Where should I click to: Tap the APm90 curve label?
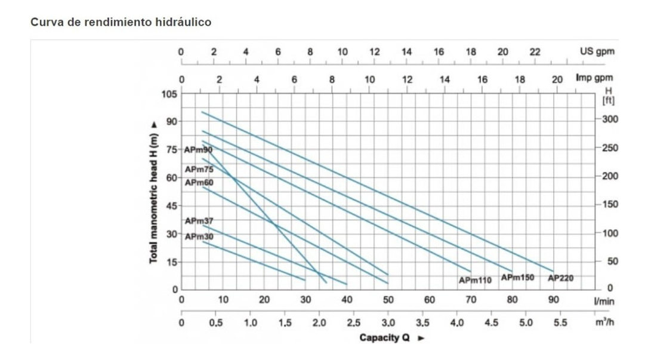pos(199,149)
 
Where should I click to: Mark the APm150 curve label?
pos(517,278)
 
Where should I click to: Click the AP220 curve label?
pos(560,278)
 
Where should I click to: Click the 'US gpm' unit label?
pos(597,51)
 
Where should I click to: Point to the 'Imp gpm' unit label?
pos(594,78)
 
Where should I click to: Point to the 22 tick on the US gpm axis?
pos(535,51)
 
